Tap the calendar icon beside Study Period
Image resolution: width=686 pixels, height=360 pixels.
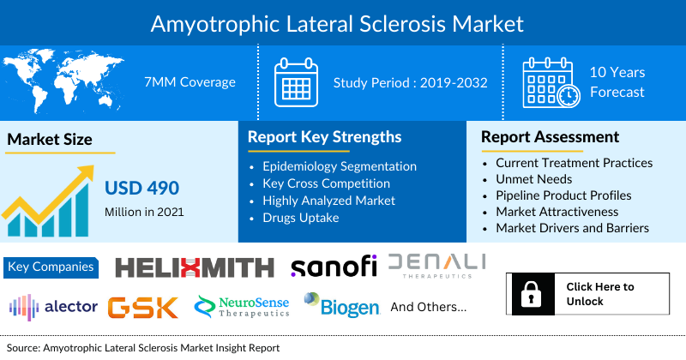tap(296, 83)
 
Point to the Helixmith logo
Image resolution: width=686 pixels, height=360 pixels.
tap(195, 267)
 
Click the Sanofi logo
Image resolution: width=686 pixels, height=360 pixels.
tap(334, 267)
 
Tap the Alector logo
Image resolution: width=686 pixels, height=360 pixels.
tap(52, 307)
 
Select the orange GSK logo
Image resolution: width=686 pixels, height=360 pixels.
tap(143, 307)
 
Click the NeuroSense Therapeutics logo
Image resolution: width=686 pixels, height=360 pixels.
tap(242, 307)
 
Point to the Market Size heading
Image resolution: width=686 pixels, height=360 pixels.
tap(49, 139)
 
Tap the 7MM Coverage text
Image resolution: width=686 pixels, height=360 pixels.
tap(190, 82)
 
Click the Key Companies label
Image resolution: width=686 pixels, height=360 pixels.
tap(51, 267)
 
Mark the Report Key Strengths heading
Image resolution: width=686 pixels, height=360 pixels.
tap(324, 136)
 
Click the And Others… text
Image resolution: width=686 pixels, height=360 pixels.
tap(429, 306)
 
